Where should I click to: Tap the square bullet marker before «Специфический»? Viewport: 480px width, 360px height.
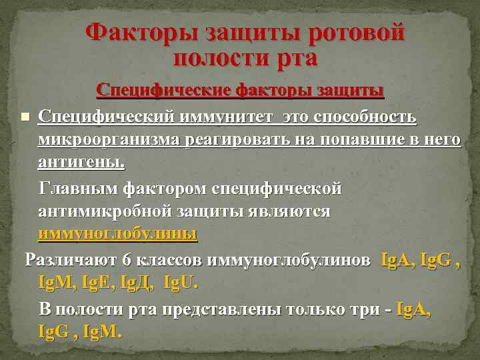(x=25, y=117)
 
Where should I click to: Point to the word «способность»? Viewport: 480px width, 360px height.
(x=360, y=117)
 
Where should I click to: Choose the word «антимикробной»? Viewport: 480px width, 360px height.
(x=107, y=211)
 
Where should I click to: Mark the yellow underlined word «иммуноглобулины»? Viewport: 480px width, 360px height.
(x=119, y=234)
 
